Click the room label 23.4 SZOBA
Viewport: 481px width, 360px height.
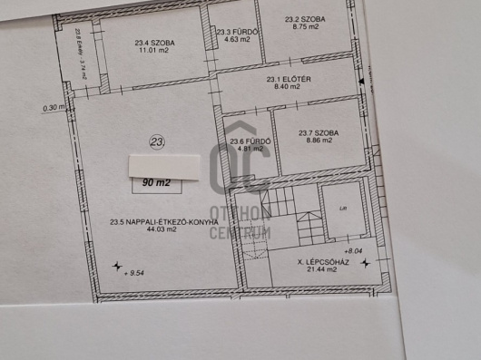click(x=154, y=43)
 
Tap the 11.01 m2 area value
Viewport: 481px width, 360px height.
click(x=154, y=52)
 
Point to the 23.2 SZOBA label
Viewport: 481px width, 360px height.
click(x=303, y=18)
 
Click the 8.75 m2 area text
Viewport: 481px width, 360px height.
click(x=304, y=27)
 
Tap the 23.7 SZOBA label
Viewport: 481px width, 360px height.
click(x=319, y=133)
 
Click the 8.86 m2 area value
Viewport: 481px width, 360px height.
click(x=319, y=142)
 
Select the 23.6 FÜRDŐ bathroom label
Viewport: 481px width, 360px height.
click(x=247, y=141)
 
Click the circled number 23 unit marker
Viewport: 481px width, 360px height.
click(x=158, y=141)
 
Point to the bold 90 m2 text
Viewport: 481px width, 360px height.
click(x=156, y=182)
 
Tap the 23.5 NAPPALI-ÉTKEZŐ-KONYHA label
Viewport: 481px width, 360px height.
click(x=164, y=221)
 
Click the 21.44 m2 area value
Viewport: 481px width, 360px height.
click(x=323, y=270)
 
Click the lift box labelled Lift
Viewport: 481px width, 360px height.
click(x=340, y=210)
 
